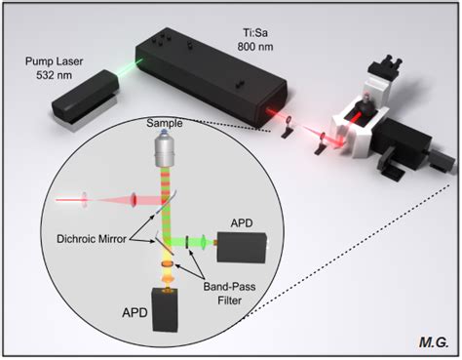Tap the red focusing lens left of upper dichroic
point(85,202)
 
